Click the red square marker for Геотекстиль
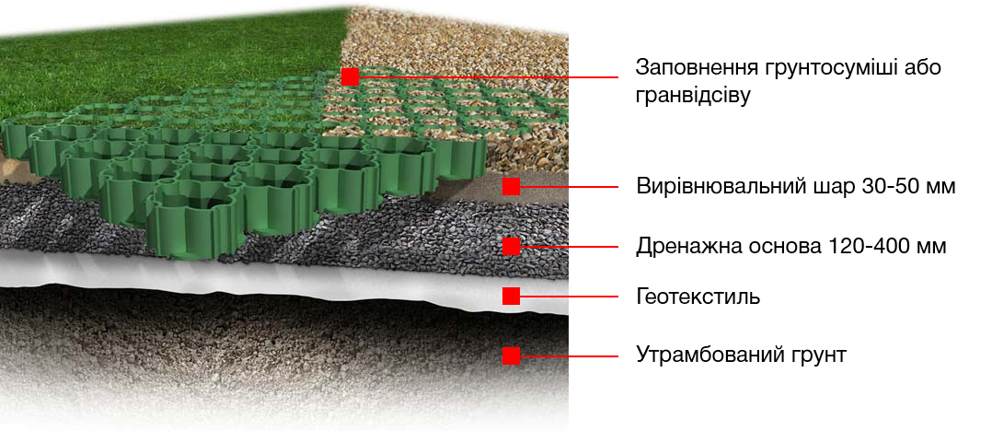pos(512,296)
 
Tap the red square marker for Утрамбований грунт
pos(512,355)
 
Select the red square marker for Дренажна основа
pos(512,246)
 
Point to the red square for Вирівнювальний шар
pos(512,186)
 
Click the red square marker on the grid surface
pos(350,76)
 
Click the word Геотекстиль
pos(698,297)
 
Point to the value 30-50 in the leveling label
pos(891,187)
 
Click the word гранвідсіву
pos(693,96)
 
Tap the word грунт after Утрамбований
pos(817,355)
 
